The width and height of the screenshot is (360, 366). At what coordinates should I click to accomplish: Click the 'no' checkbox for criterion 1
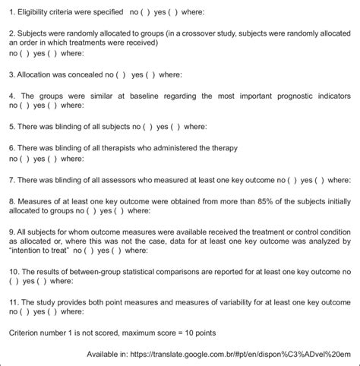tap(146, 12)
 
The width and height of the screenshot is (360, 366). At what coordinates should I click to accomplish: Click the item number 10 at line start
tap(13, 270)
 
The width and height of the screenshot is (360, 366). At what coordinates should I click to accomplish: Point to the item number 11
tap(13, 301)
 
